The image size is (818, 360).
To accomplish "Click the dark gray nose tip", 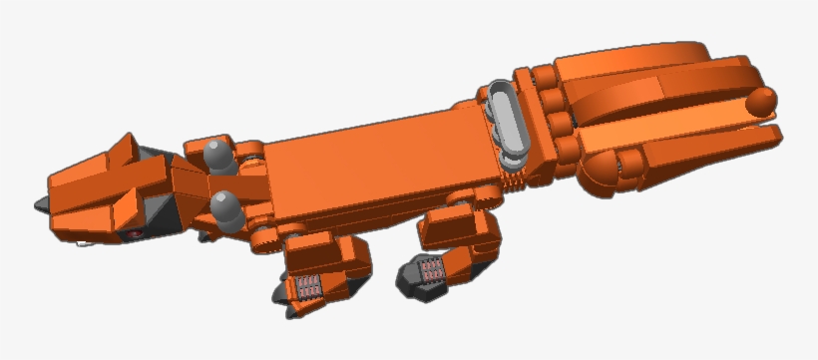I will tap(41, 203).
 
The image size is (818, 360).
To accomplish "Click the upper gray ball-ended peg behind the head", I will tap(216, 155).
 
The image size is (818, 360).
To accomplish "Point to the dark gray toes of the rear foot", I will tap(411, 282).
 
